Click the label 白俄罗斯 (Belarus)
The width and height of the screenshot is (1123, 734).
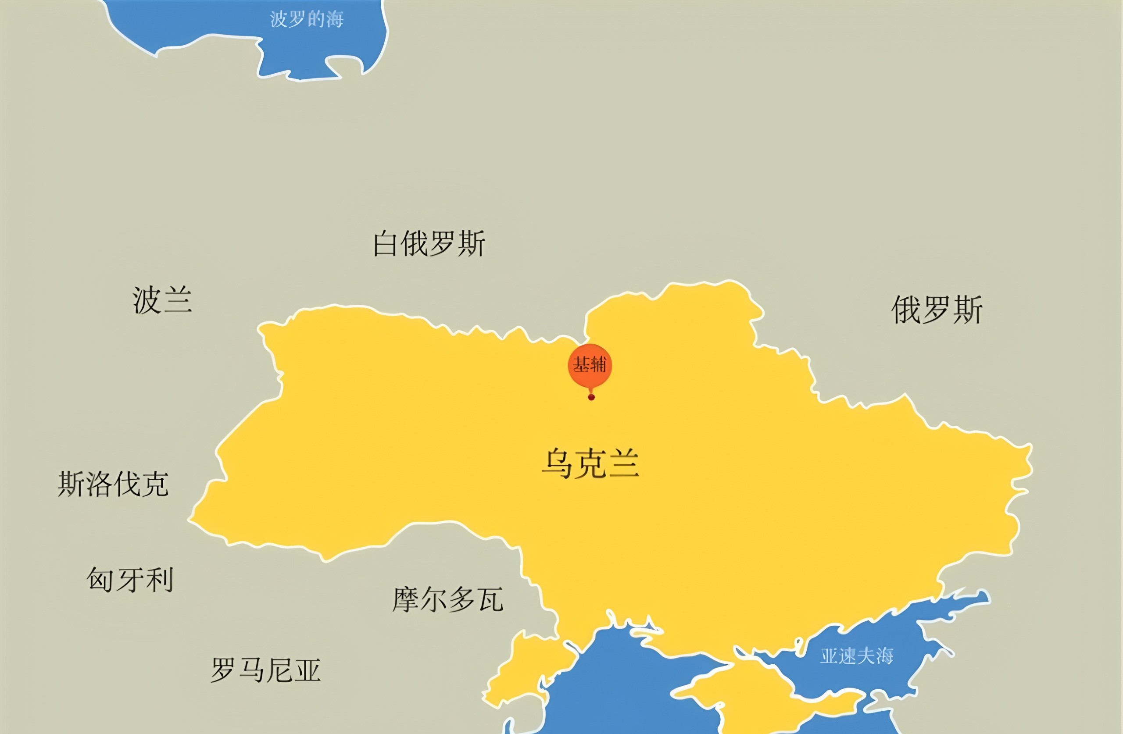(429, 244)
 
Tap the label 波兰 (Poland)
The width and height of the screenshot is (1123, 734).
(162, 300)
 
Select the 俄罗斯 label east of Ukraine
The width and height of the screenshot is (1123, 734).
(937, 310)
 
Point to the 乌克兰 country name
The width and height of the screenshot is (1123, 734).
(590, 464)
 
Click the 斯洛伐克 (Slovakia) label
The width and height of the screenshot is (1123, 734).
(113, 484)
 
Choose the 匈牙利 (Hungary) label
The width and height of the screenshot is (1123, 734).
(130, 580)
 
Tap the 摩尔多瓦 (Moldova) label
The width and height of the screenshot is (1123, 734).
(448, 600)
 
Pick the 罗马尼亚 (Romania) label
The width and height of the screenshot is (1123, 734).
(266, 670)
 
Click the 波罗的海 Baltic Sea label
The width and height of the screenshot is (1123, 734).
(307, 19)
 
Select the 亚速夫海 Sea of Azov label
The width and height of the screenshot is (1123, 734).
(856, 656)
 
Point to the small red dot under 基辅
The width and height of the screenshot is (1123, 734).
(591, 397)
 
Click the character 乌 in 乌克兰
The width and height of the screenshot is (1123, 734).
(557, 464)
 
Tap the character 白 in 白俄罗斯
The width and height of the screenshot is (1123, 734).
(385, 244)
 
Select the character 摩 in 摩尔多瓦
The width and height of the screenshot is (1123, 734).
(406, 600)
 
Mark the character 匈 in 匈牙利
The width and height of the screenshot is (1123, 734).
(100, 580)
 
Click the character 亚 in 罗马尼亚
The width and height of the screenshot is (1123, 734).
(307, 670)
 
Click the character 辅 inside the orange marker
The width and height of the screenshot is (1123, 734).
(598, 365)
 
